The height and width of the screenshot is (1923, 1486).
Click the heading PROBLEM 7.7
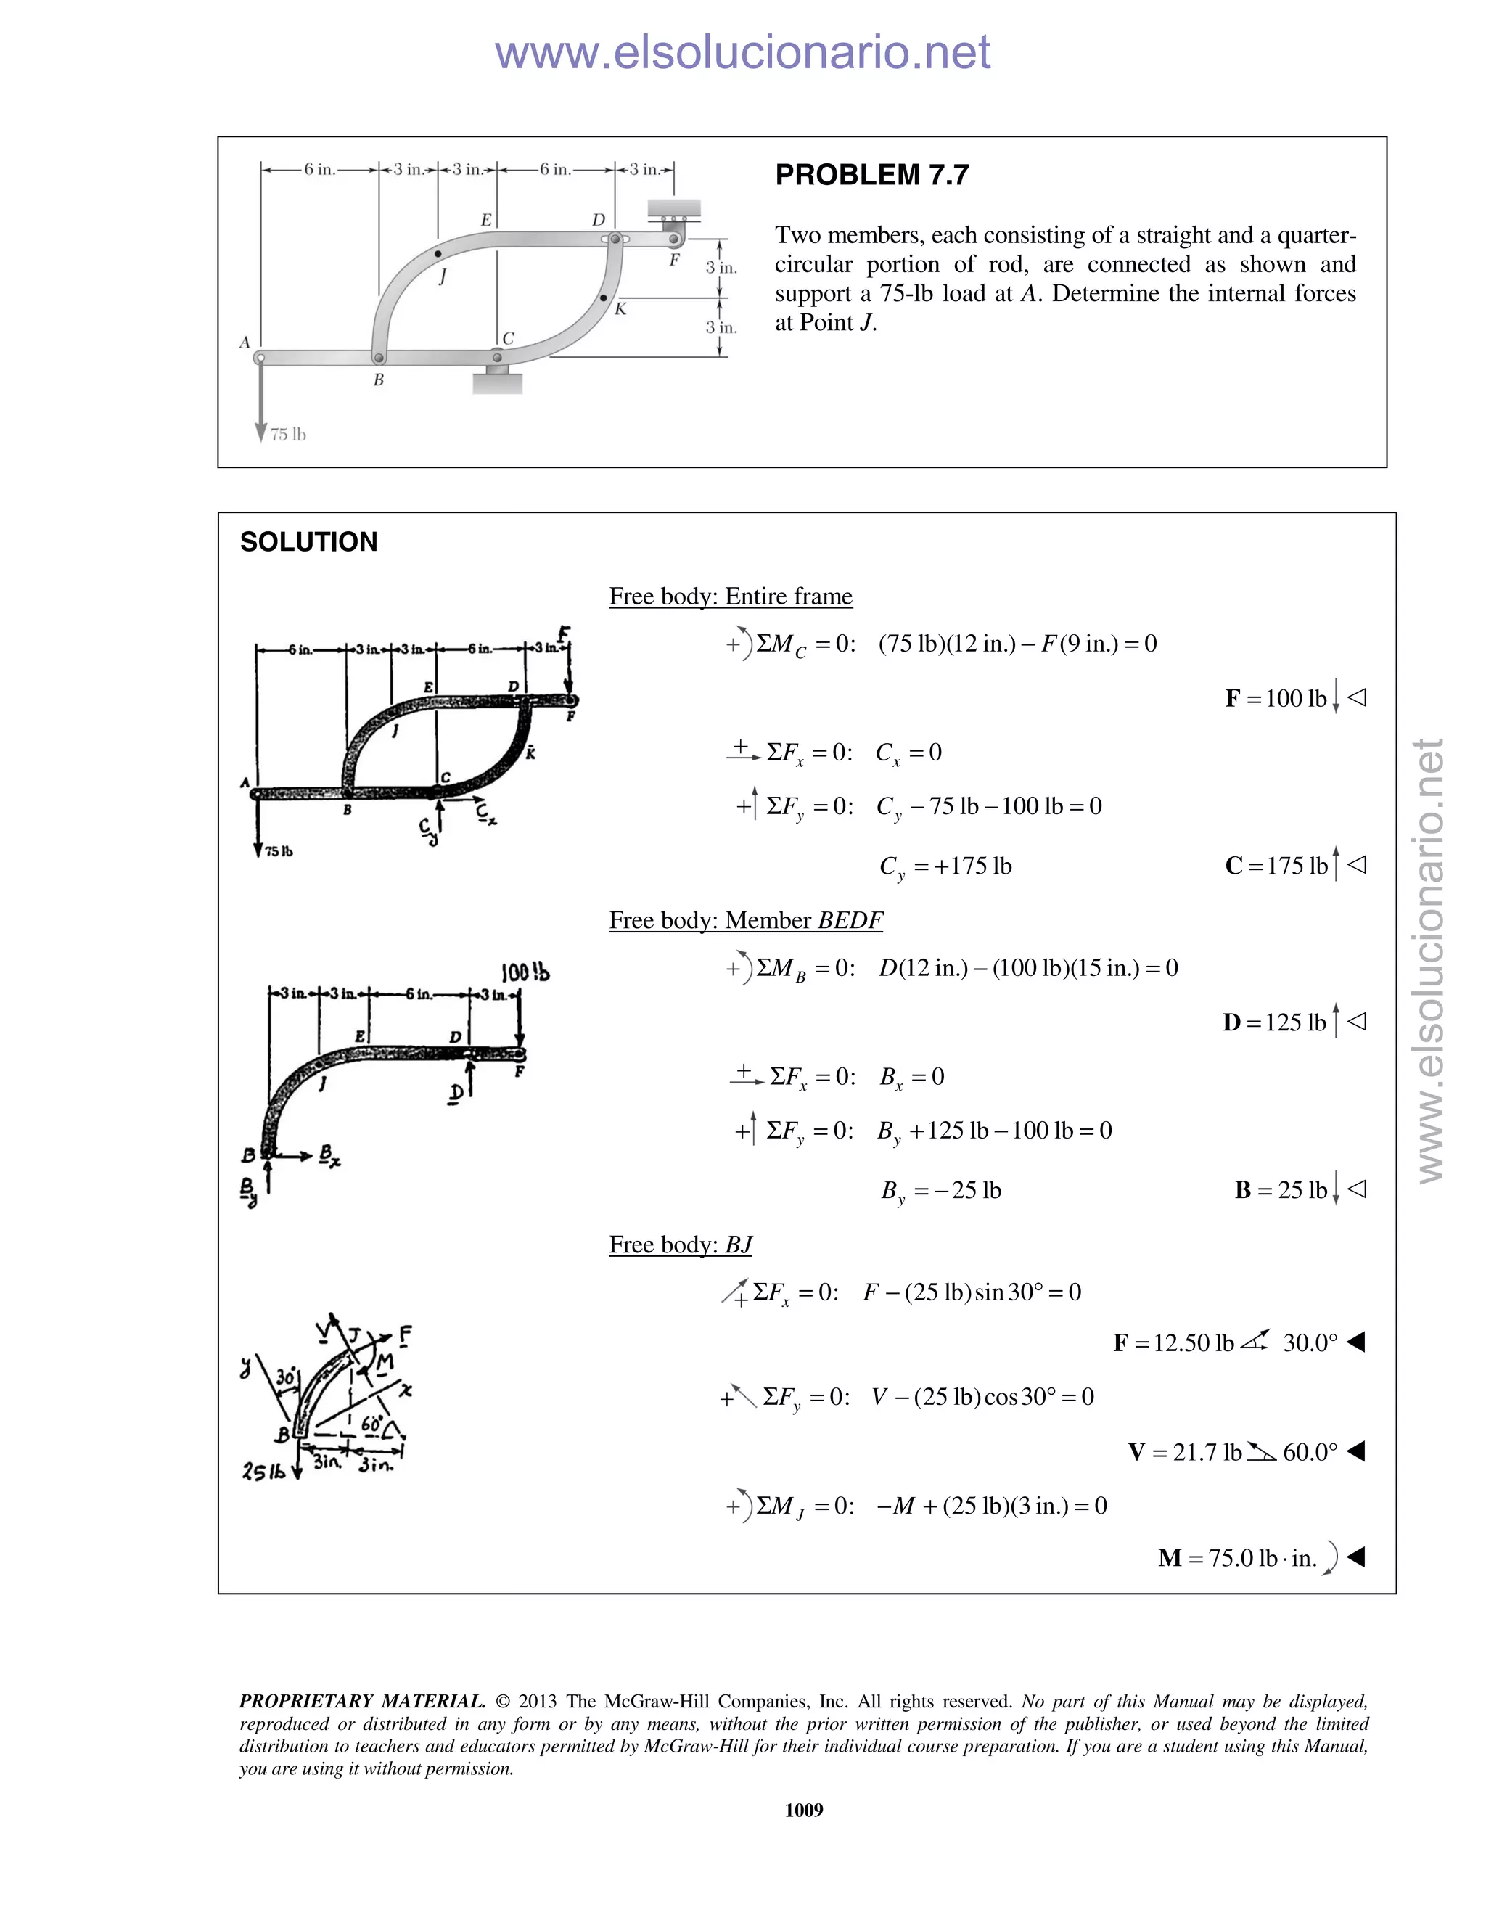coord(871,175)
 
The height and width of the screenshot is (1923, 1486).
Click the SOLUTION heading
coord(308,541)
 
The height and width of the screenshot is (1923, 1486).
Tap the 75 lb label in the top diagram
coord(288,434)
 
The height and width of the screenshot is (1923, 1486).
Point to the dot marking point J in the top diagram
coord(438,253)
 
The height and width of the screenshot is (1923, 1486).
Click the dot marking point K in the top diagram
coord(603,298)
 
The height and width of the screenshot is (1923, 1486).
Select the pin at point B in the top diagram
coord(379,358)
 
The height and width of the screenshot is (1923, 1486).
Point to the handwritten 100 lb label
coord(525,972)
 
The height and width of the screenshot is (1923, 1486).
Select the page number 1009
coord(803,1809)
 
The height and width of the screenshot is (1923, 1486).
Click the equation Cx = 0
coord(908,753)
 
